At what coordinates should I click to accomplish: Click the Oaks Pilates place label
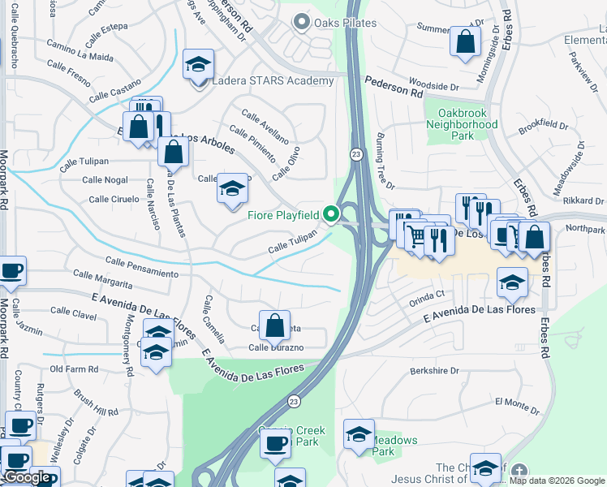coord(345,23)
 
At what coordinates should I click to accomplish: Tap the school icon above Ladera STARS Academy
coord(198,64)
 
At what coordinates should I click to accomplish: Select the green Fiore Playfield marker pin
coord(330,214)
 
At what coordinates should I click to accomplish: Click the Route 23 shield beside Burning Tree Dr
coord(356,153)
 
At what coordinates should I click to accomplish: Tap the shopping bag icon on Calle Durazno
coord(275,325)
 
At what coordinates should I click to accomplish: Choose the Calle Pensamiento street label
coord(141,267)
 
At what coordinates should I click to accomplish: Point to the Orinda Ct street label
coord(428,295)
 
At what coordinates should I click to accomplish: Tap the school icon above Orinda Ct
coord(512,282)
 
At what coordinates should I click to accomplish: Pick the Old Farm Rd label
coord(74,368)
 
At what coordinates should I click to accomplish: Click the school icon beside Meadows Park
coord(358,433)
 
